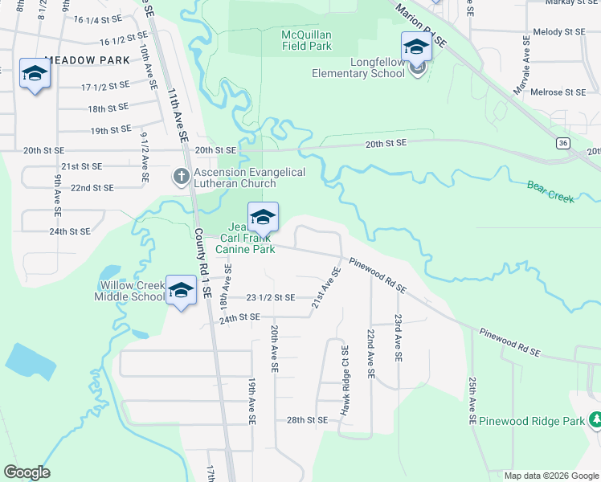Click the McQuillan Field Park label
[x=307, y=40]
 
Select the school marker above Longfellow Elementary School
[x=416, y=47]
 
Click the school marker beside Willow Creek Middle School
[x=181, y=290]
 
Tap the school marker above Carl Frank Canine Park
[x=263, y=217]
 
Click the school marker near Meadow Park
[x=35, y=74]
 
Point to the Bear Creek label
[x=550, y=191]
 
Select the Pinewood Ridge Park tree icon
[x=595, y=420]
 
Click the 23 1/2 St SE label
[x=270, y=297]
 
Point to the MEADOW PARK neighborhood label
[x=88, y=60]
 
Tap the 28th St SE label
[x=307, y=420]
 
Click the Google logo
[x=27, y=472]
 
